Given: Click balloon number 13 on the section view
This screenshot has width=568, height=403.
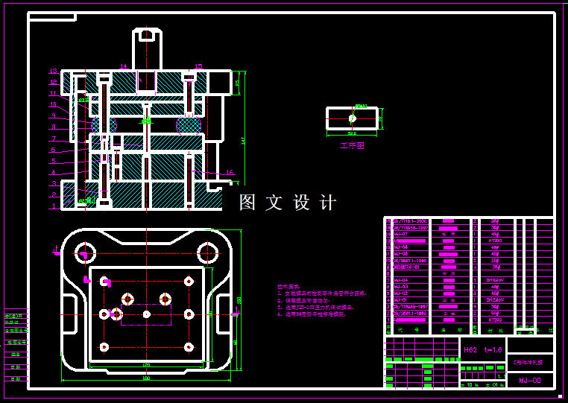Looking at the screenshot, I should point(54,72).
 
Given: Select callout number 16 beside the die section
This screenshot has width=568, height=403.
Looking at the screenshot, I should point(230,172).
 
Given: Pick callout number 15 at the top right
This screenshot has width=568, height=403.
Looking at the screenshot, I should point(198,67).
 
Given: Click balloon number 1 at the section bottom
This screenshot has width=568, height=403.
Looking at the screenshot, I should point(54,207).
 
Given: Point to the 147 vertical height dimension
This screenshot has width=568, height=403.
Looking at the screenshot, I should point(244,140).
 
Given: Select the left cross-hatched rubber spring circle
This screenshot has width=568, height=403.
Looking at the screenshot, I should point(104,124).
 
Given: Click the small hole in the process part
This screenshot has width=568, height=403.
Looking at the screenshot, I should point(353,118).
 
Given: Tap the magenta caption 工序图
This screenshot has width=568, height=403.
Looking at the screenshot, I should point(352,146).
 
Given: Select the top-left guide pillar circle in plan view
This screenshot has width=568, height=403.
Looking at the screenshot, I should point(83,253).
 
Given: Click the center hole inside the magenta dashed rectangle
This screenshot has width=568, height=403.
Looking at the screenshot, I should point(147,314).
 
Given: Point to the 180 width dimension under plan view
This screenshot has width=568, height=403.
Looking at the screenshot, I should point(146,378).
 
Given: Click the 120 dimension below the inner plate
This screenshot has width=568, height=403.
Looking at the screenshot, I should point(146,365).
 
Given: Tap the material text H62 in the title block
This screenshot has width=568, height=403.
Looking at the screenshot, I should point(470,349).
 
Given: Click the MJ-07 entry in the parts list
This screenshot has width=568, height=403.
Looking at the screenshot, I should point(400,234).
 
